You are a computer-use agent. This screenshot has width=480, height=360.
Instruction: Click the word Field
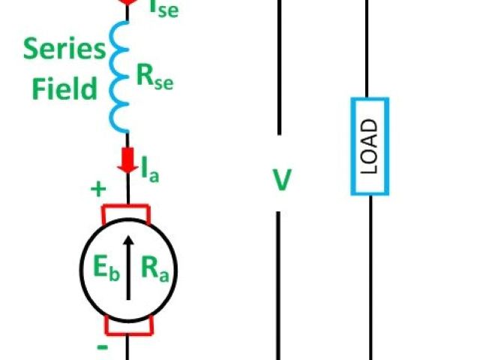(x=64, y=89)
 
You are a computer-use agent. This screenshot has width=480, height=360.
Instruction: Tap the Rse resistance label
(x=154, y=76)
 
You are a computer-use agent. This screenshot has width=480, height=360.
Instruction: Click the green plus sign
(x=98, y=189)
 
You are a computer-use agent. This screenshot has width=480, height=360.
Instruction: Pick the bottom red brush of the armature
(x=128, y=325)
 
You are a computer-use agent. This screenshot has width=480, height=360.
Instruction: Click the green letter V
(x=281, y=180)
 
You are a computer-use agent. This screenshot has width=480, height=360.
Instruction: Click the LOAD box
(x=370, y=146)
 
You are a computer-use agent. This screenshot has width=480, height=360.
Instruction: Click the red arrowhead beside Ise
(x=128, y=3)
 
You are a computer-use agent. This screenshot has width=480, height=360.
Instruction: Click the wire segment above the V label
(x=279, y=67)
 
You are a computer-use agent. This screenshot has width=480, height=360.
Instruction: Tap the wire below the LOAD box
(x=370, y=277)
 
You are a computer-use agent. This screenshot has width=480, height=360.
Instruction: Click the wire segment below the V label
(x=279, y=285)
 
